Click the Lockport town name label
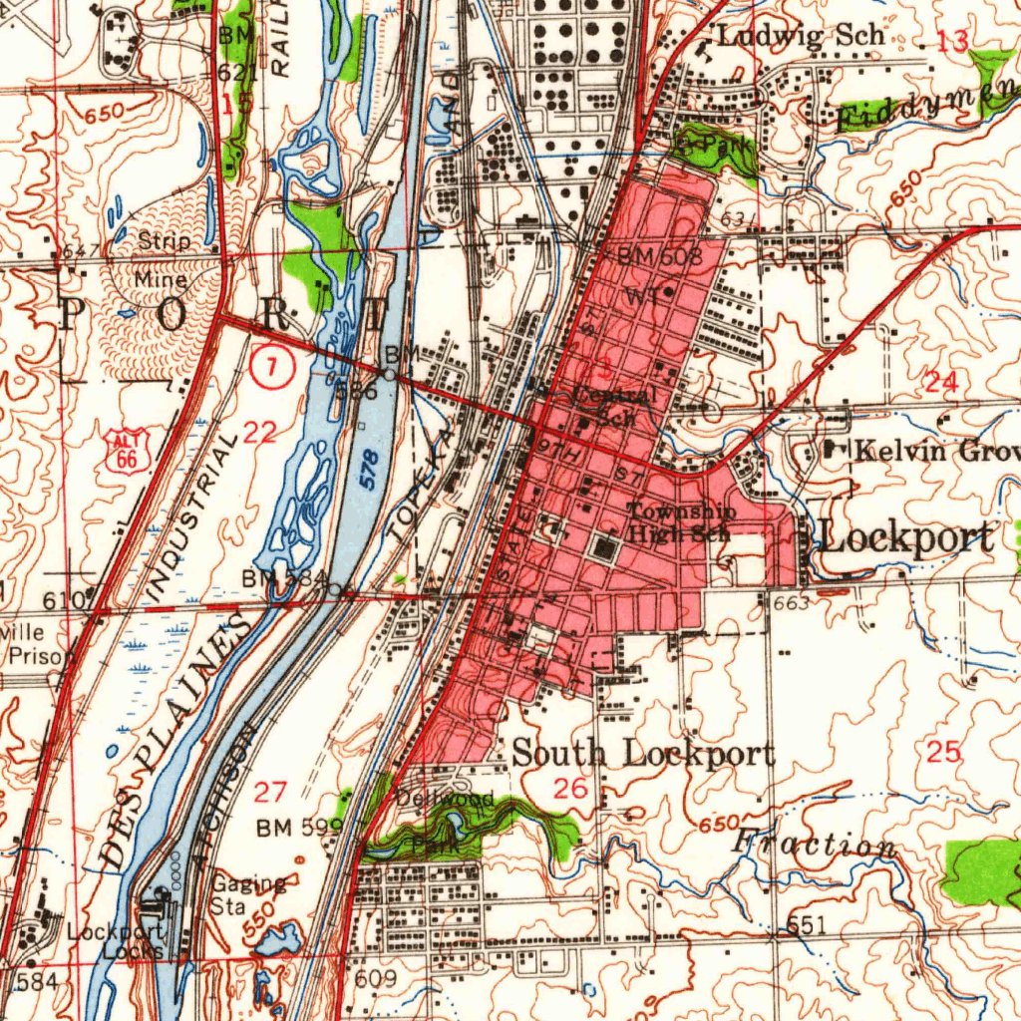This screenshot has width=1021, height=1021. click(905, 538)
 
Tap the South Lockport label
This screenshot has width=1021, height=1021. click(643, 754)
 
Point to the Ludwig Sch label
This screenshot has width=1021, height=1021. click(801, 37)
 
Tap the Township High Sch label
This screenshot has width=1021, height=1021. click(681, 522)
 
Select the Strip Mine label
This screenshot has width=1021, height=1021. click(164, 260)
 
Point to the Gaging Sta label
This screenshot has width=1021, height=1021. click(248, 894)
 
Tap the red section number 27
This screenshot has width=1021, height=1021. click(270, 793)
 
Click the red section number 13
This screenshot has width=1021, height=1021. click(952, 42)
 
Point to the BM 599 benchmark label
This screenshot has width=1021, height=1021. click(299, 828)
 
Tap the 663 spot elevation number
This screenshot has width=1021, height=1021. click(790, 603)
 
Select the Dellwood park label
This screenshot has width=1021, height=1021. click(444, 799)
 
